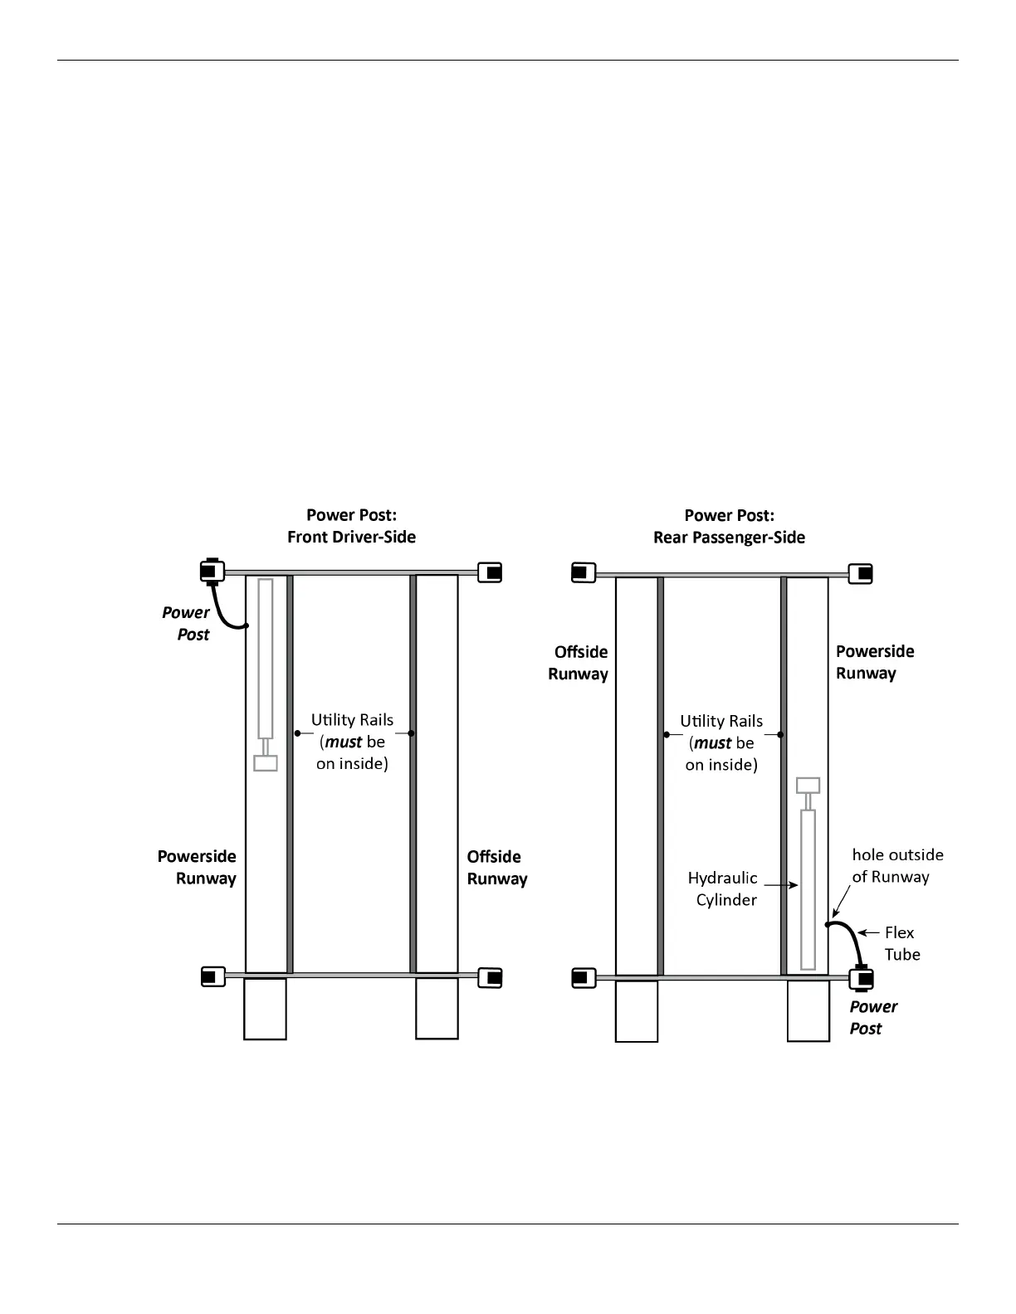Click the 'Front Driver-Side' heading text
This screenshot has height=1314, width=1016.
pos(351,537)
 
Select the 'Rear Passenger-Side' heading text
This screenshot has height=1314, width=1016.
pos(729,538)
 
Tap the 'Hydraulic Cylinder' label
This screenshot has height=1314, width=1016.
pos(723,888)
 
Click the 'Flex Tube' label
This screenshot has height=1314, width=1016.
pos(901,943)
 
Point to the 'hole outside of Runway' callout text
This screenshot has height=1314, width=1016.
pos(897,865)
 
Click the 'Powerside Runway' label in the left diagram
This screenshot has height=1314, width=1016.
pos(198,867)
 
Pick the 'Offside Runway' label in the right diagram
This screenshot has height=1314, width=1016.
pos(579,663)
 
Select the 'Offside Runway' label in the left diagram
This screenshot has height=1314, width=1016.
pos(496,868)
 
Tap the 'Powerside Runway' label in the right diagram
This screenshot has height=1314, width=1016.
pos(874,662)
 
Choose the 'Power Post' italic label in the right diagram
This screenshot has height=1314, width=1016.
pos(872,1017)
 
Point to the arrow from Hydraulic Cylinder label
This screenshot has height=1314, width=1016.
pos(781,886)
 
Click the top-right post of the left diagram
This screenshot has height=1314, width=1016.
pos(491,572)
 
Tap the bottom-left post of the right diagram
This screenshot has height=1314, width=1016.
pos(584,978)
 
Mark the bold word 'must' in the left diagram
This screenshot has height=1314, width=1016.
pos(344,742)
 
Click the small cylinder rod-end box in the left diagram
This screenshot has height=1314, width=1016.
pos(266,763)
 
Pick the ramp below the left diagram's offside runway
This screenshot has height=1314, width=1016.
pos(437,1008)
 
